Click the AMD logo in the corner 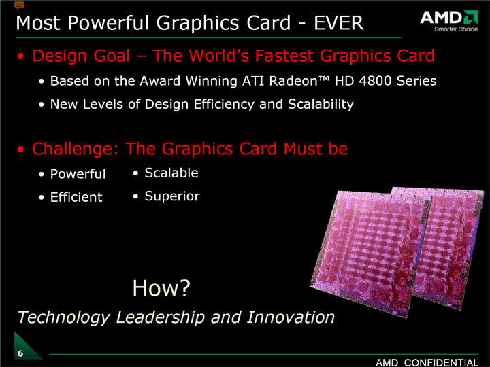coord(449,18)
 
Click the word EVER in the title coord(339,23)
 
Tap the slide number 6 coord(20,353)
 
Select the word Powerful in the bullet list coord(78,174)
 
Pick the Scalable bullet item coord(171,173)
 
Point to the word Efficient coord(76,197)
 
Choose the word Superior coord(172,196)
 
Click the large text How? coord(161,287)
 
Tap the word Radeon coord(293,81)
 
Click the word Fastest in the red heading coord(284,56)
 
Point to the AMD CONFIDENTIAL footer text coord(427,363)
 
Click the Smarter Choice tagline coord(456,29)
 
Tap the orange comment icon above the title coord(19,5)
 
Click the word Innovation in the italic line coord(291,317)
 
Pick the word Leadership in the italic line coord(161,317)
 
